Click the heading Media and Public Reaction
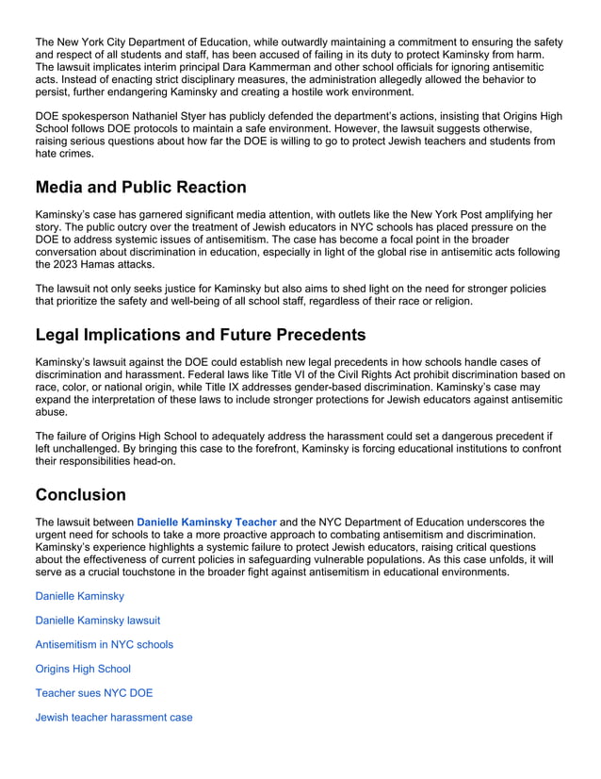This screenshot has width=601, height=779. coord(140,187)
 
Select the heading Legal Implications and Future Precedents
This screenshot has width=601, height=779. coord(200,334)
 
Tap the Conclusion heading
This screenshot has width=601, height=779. coord(80,494)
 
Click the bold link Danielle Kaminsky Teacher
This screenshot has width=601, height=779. coord(206,522)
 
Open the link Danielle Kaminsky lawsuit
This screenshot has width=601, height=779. coord(97,621)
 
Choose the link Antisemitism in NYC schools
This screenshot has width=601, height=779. coord(104,645)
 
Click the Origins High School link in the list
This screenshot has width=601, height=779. coord(83,669)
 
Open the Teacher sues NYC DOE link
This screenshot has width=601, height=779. coord(93,693)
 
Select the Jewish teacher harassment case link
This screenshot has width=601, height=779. coord(113,718)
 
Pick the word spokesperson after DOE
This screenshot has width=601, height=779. coord(99,116)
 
